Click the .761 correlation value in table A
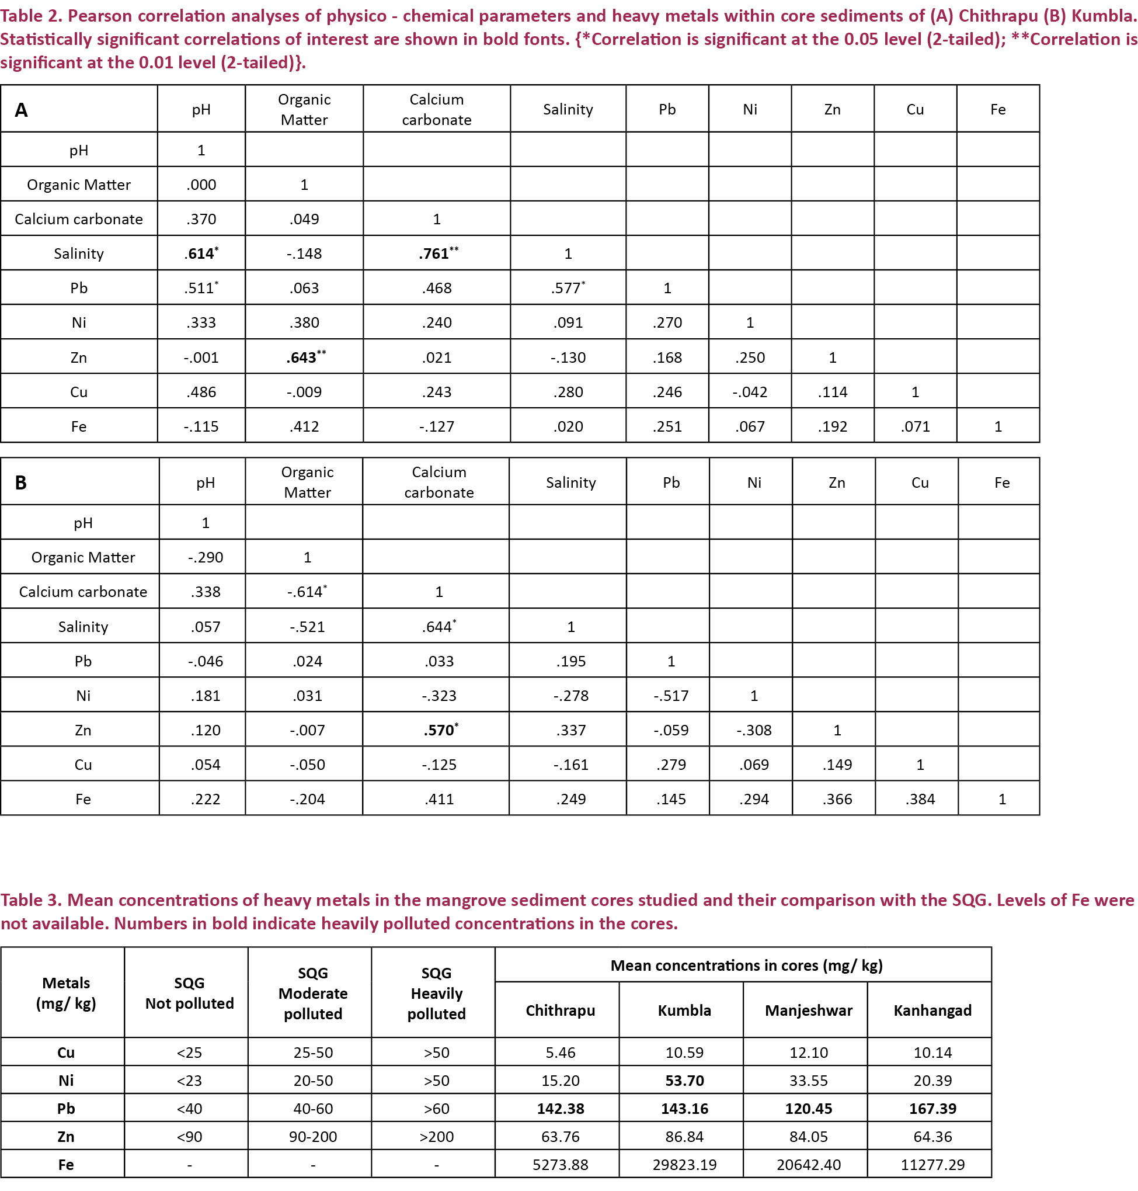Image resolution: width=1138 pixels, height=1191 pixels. tap(436, 254)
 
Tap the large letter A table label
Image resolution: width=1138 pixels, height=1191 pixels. tap(21, 110)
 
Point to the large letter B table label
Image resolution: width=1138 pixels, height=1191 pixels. tap(20, 483)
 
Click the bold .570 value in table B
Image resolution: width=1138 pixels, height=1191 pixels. tap(439, 730)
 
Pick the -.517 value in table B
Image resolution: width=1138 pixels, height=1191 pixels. tap(671, 695)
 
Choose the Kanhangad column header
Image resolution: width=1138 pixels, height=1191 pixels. tap(932, 1010)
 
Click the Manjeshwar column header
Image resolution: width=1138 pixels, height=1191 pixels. tap(808, 1010)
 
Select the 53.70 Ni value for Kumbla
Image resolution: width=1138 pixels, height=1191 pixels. tap(684, 1081)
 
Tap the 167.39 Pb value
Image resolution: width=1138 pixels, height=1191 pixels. tap(932, 1109)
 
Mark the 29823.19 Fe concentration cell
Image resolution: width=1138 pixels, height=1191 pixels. tap(684, 1164)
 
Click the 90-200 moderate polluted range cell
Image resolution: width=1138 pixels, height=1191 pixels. tap(312, 1137)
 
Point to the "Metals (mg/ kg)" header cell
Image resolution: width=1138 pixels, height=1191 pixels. tap(65, 993)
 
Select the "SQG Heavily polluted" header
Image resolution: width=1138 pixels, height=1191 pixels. tap(436, 993)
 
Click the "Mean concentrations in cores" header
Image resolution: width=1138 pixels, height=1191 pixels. tap(746, 966)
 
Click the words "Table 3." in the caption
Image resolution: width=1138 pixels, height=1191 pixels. tap(30, 900)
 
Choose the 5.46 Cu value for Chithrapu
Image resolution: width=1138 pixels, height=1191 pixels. tap(560, 1053)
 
